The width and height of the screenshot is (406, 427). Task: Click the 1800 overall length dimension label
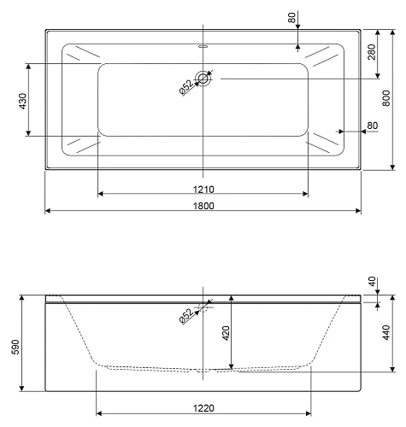pyautogui.click(x=203, y=205)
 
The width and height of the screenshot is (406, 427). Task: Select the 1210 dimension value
pyautogui.click(x=203, y=189)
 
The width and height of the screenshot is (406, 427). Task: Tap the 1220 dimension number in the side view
pyautogui.click(x=203, y=409)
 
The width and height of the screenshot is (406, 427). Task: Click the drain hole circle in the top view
pyautogui.click(x=203, y=79)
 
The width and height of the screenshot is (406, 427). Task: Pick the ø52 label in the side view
pyautogui.click(x=185, y=316)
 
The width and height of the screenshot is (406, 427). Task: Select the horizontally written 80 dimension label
pyautogui.click(x=372, y=126)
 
